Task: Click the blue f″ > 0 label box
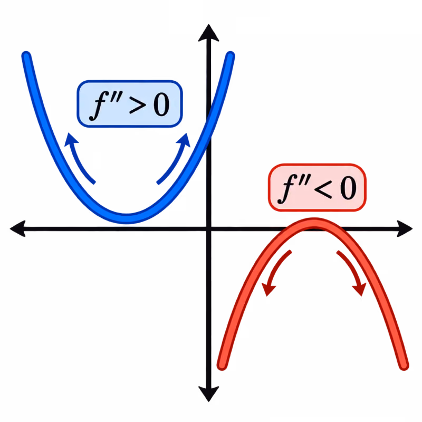tap(130, 103)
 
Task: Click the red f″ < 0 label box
tap(318, 187)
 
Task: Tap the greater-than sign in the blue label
tap(138, 104)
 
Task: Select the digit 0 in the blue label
tap(161, 104)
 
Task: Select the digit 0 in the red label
tap(348, 188)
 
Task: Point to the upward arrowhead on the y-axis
tap(208, 33)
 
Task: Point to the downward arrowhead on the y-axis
tap(208, 394)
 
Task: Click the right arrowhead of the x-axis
tap(405, 229)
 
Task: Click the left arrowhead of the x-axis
tap(18, 229)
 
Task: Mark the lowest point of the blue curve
tap(126, 219)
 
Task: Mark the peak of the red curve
tap(314, 223)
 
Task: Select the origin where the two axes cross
tap(209, 229)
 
